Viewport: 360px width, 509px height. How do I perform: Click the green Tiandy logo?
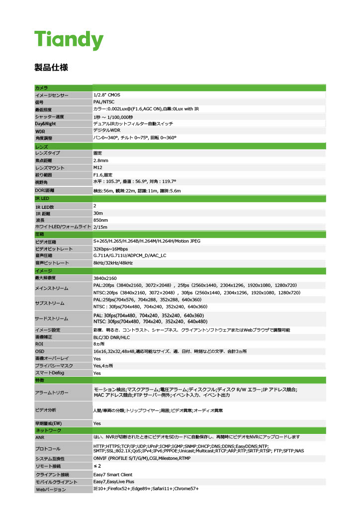pyautogui.click(x=69, y=40)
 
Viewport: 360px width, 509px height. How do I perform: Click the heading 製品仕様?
pyautogui.click(x=51, y=67)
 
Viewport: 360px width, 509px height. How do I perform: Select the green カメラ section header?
pyautogui.click(x=42, y=87)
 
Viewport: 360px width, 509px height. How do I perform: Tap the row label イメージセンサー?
pyautogui.click(x=52, y=95)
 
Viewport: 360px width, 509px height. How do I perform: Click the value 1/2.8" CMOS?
pyautogui.click(x=107, y=94)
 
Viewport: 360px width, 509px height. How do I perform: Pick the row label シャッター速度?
pyautogui.click(x=50, y=116)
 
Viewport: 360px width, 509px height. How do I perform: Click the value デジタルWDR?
pyautogui.click(x=107, y=130)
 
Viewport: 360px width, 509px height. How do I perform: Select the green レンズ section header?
pyautogui.click(x=42, y=147)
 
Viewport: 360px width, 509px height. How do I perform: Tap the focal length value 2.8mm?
pyautogui.click(x=101, y=161)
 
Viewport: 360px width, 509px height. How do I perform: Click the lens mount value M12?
pyautogui.click(x=98, y=168)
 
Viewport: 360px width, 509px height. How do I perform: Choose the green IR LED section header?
pyautogui.click(x=42, y=198)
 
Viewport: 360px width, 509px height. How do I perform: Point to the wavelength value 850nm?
pyautogui.click(x=101, y=220)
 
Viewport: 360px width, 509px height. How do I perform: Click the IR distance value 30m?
pyautogui.click(x=98, y=213)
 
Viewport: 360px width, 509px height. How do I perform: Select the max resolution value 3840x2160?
pyautogui.click(x=105, y=278)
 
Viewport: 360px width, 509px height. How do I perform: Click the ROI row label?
pyautogui.click(x=39, y=343)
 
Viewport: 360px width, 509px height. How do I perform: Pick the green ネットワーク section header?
pyautogui.click(x=48, y=430)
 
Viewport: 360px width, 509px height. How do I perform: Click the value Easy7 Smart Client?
pyautogui.click(x=113, y=475)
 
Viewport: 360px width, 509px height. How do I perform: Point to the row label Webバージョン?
pyautogui.click(x=51, y=490)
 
